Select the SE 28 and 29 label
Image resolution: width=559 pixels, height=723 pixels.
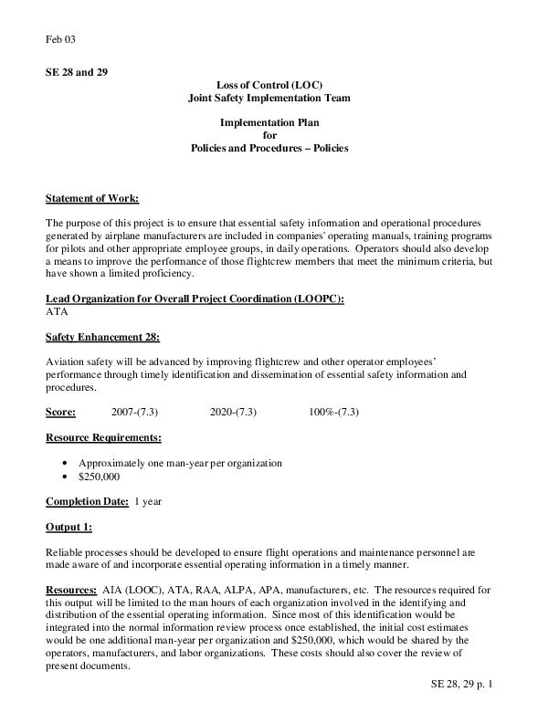(x=77, y=72)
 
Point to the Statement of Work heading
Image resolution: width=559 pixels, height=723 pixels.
(x=92, y=198)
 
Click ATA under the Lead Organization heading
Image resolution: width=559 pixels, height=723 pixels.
(x=57, y=311)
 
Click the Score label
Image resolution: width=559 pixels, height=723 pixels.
(x=60, y=412)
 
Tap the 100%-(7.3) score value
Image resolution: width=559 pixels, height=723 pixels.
(x=334, y=412)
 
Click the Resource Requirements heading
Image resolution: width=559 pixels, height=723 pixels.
(x=104, y=437)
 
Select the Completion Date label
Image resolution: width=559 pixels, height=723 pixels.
(x=87, y=501)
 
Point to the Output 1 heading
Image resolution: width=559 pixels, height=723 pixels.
(x=69, y=527)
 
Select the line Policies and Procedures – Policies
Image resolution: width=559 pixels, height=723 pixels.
(x=269, y=147)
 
